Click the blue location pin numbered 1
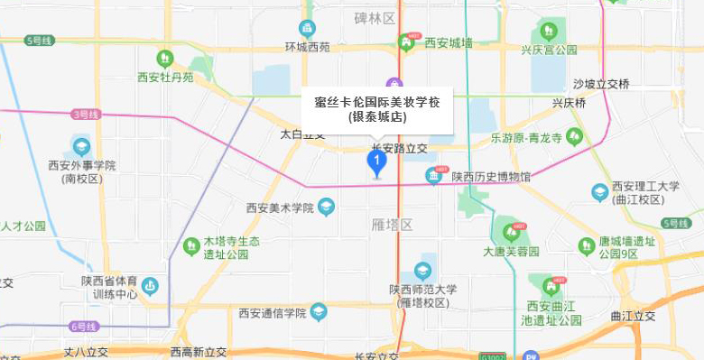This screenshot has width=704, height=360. click(x=376, y=162)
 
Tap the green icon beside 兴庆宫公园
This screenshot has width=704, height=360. click(x=547, y=30)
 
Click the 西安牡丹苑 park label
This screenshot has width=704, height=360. click(x=165, y=78)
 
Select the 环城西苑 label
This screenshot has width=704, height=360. click(x=308, y=47)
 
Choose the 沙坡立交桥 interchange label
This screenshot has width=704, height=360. click(x=601, y=84)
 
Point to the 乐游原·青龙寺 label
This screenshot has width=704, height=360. click(x=526, y=138)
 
